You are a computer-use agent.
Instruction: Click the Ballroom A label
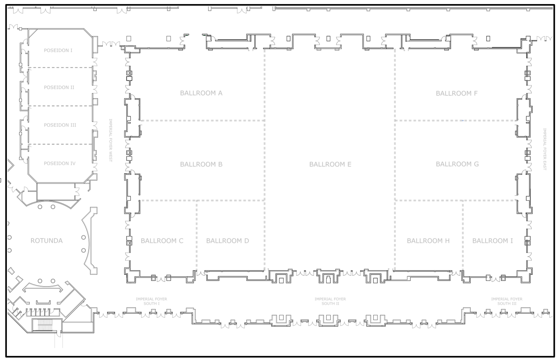coord(201,93)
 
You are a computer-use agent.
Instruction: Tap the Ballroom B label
coord(201,164)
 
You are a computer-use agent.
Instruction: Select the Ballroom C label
coord(162,241)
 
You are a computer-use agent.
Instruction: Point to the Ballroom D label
coord(227,241)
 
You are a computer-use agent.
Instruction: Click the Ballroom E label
coord(330,164)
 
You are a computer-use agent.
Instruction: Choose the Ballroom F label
coord(457,94)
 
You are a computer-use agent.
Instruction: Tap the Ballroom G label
coord(457,164)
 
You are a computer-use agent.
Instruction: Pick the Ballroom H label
coord(428,241)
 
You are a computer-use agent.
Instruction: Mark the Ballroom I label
coord(492,241)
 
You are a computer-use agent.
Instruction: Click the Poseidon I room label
coord(58,51)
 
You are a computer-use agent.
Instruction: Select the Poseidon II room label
coord(59,87)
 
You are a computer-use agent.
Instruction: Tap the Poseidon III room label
coord(60,125)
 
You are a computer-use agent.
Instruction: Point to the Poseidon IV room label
coord(59,164)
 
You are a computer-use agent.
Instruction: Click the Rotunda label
coord(46,241)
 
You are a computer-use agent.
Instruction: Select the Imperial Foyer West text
coord(111,140)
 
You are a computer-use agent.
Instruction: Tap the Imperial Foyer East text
coord(545,149)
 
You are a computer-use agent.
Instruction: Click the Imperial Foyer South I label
coord(152,301)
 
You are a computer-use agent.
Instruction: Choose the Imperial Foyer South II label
coord(330,301)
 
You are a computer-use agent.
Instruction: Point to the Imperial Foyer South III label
coord(507,301)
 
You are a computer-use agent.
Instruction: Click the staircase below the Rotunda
coord(44,325)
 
